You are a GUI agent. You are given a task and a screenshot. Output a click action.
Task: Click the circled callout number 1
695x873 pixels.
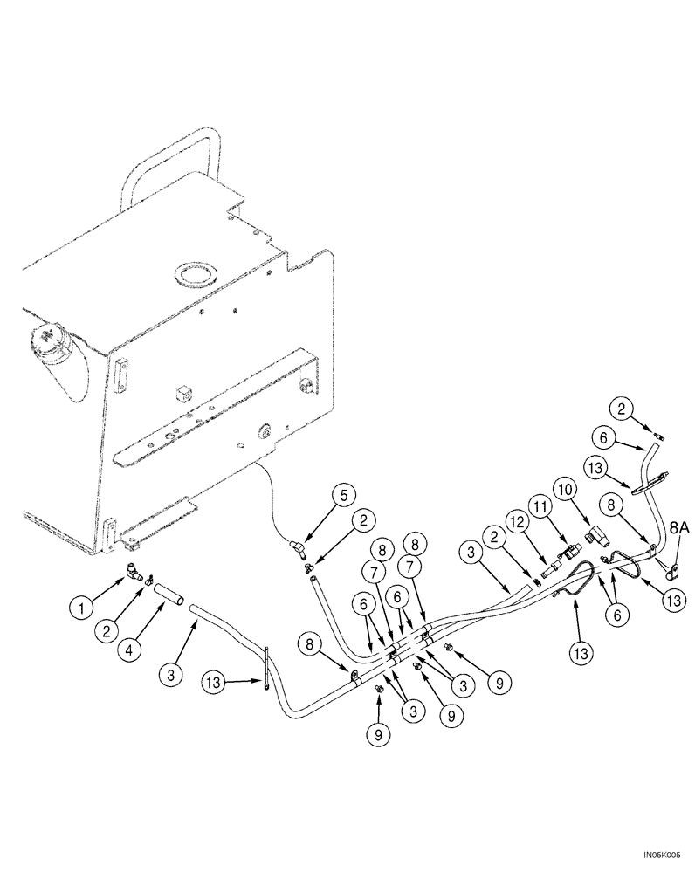point(83,604)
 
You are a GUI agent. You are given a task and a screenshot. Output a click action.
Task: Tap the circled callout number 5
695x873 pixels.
point(343,495)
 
